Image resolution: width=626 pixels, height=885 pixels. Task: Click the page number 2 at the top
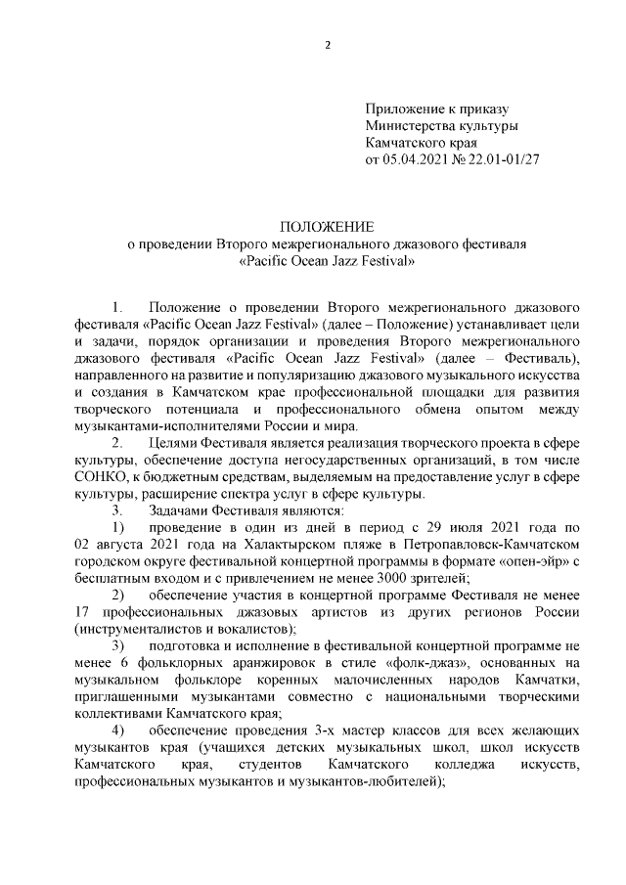click(x=329, y=44)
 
